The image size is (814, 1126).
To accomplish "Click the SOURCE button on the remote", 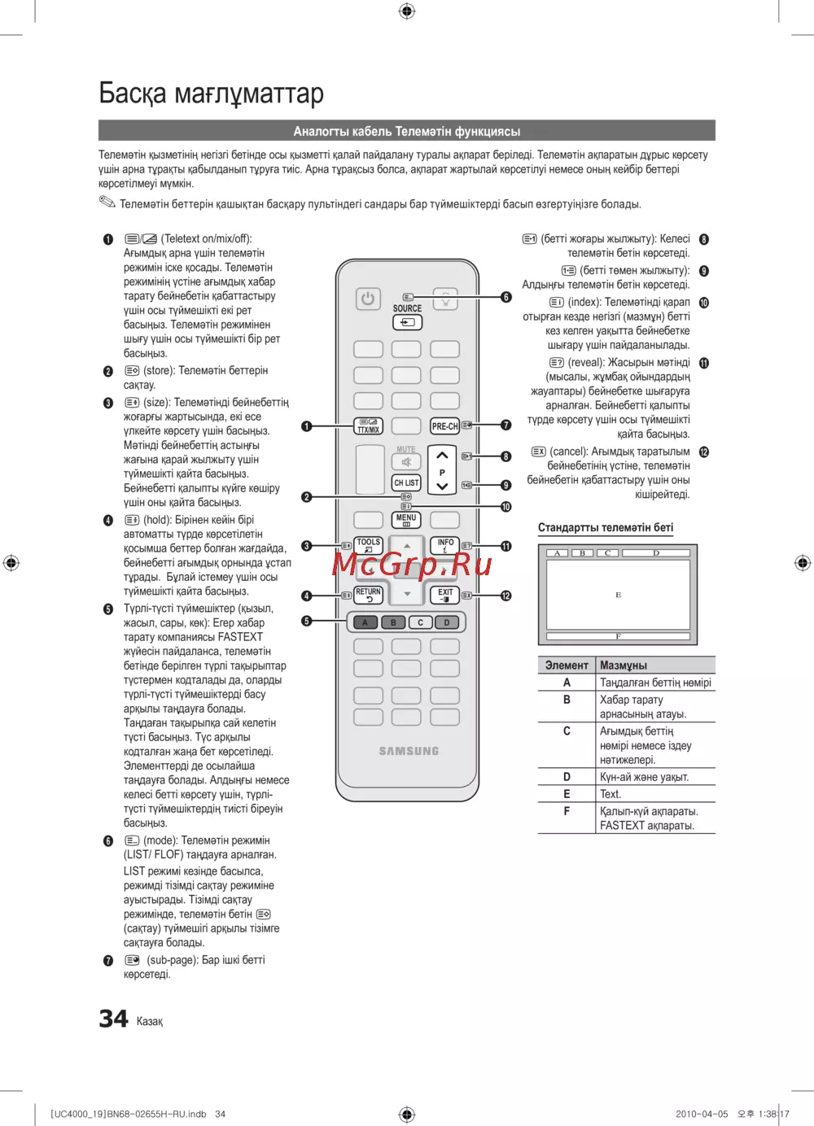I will (x=407, y=322).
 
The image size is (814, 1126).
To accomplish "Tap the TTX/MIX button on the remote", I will (x=369, y=426).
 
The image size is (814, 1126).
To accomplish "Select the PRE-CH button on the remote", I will (x=444, y=426).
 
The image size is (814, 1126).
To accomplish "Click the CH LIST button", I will (x=406, y=482).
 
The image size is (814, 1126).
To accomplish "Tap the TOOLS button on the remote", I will (x=369, y=545).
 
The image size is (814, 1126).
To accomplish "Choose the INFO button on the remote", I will (x=445, y=545).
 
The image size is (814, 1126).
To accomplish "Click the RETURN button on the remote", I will (x=368, y=595).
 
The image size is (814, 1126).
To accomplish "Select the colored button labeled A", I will (x=365, y=622).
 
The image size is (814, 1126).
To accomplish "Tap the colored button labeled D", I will (x=447, y=622).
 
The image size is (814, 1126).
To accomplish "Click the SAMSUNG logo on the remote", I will (x=409, y=751).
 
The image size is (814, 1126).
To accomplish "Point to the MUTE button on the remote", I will (x=406, y=461).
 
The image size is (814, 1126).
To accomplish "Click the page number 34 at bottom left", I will (x=113, y=1019).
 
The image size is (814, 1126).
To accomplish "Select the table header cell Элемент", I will (x=567, y=665).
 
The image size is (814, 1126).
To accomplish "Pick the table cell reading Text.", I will (x=610, y=794).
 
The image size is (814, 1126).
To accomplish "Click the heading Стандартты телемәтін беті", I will (x=606, y=527).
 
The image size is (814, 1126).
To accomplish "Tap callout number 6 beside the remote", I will (x=506, y=297).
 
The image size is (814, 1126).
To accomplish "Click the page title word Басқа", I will (x=133, y=94).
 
